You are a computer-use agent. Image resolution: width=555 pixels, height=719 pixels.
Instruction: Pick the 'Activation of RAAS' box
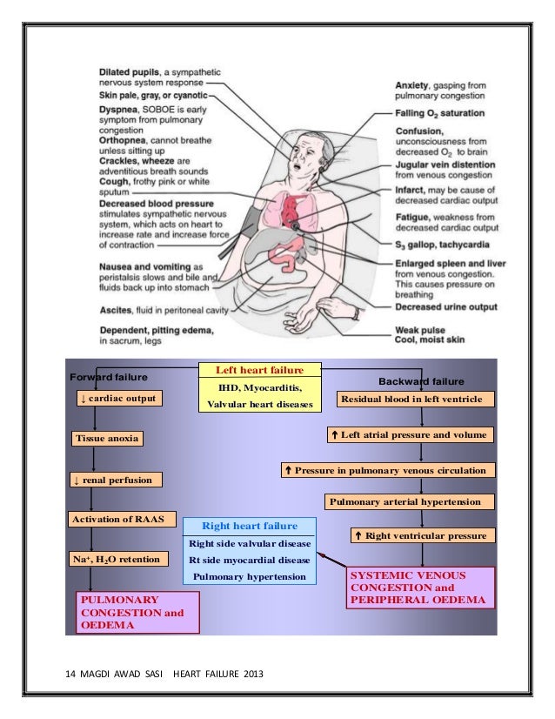[121, 518]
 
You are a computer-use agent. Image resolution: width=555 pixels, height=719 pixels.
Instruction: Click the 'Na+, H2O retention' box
[114, 558]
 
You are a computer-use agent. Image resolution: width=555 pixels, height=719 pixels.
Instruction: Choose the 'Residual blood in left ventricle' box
[415, 400]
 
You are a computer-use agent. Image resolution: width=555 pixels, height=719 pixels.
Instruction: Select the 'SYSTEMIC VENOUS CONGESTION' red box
[420, 588]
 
